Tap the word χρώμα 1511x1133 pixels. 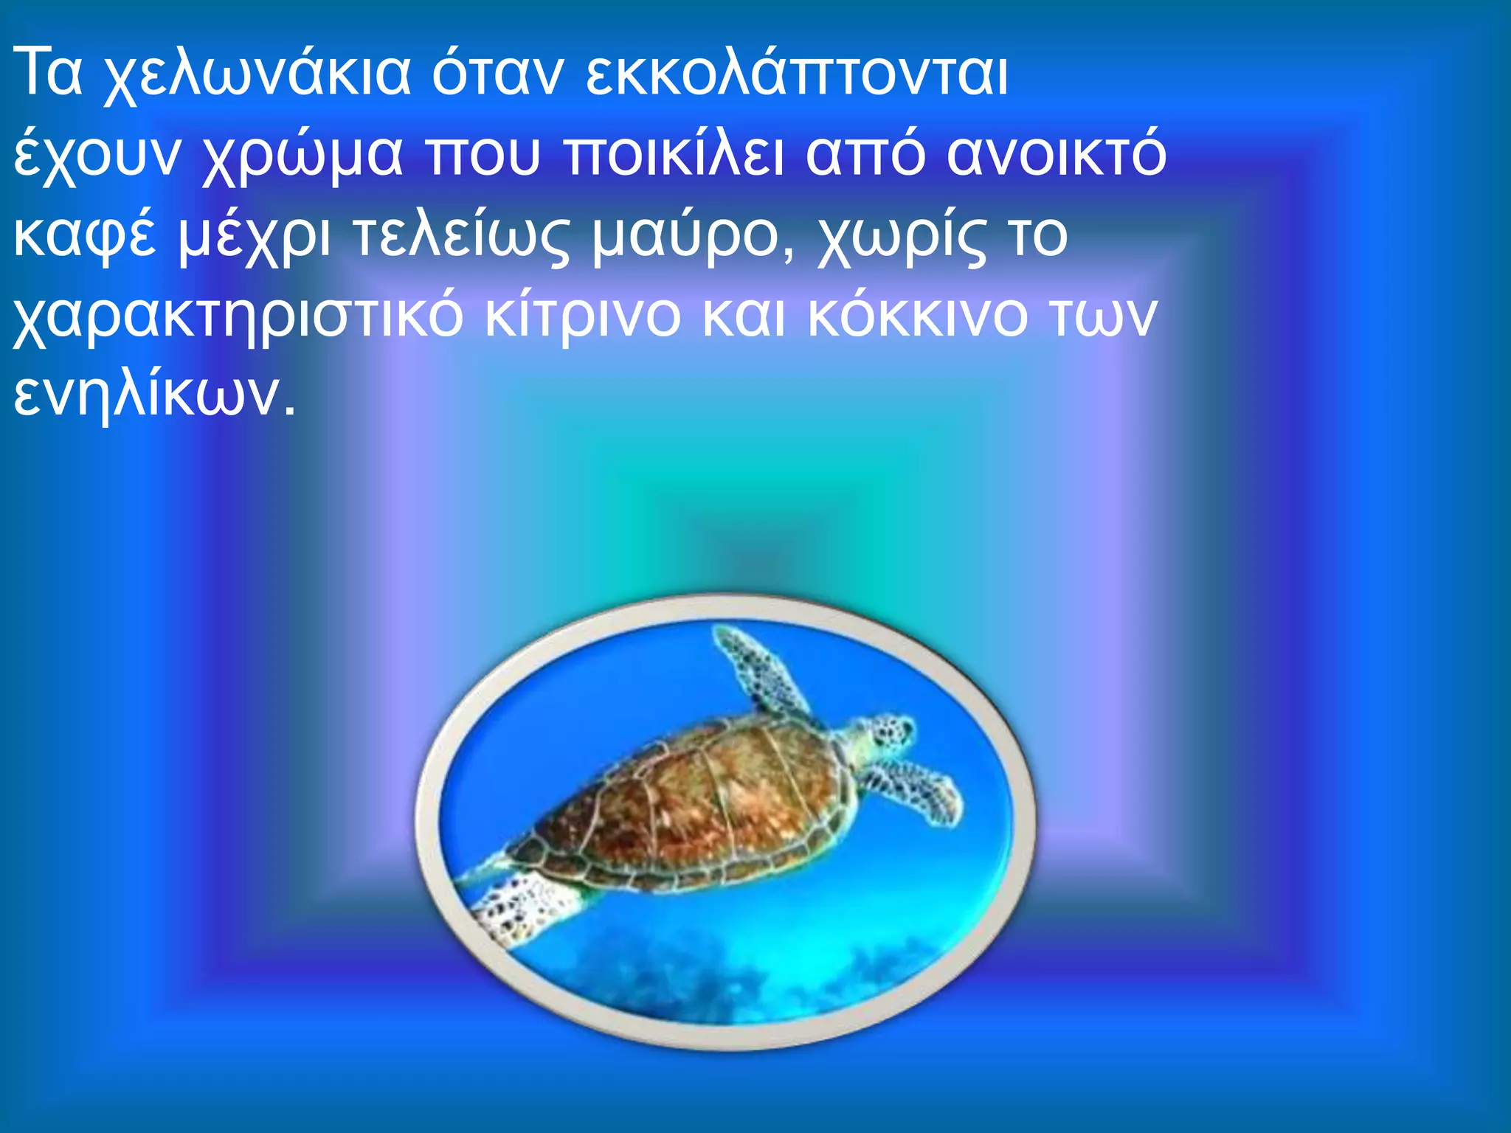[x=302, y=154]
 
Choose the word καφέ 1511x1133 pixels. [x=86, y=235]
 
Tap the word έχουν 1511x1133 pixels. [x=97, y=154]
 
